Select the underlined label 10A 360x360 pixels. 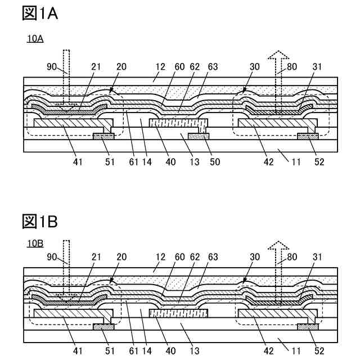pyautogui.click(x=35, y=39)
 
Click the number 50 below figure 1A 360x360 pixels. pyautogui.click(x=214, y=163)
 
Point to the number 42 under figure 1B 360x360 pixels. pyautogui.click(x=269, y=350)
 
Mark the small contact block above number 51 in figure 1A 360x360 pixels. pyautogui.click(x=104, y=136)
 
